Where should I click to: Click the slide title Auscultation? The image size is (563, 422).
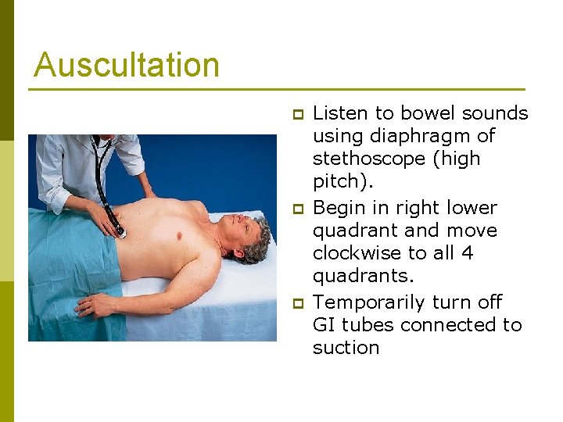[127, 65]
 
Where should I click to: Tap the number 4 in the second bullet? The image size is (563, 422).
[468, 253]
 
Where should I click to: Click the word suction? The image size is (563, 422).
[346, 348]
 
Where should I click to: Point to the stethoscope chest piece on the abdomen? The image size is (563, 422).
[120, 231]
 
